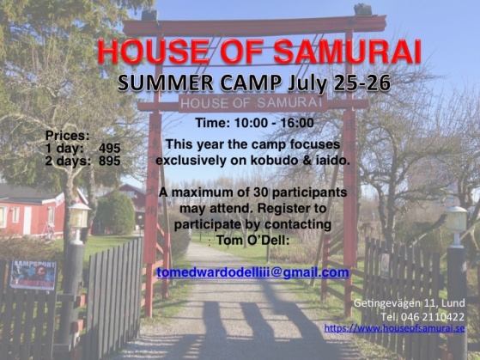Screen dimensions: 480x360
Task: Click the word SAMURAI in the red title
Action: click(x=347, y=52)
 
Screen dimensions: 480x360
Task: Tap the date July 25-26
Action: click(x=339, y=83)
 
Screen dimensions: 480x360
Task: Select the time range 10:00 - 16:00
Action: click(x=274, y=123)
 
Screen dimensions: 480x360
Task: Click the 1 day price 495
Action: click(x=110, y=149)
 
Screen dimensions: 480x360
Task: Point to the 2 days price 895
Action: click(x=110, y=161)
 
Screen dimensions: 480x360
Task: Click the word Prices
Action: click(x=67, y=136)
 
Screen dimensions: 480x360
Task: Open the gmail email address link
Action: click(x=252, y=272)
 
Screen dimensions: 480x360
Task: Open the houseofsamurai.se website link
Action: click(x=394, y=328)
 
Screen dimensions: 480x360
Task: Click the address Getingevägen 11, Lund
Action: click(x=410, y=303)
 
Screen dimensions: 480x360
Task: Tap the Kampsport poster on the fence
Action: click(x=33, y=275)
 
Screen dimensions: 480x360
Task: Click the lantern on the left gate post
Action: click(x=79, y=217)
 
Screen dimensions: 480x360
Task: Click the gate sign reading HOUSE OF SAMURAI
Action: click(x=252, y=103)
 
